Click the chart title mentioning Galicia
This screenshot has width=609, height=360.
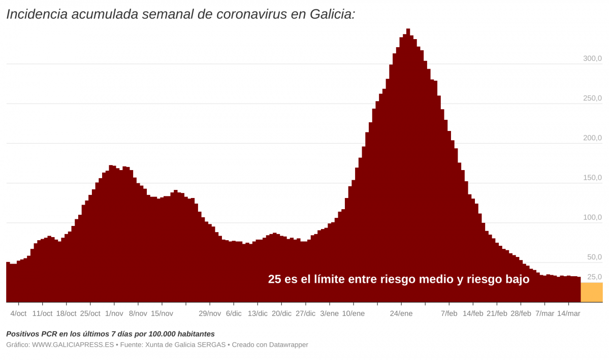[x=180, y=14]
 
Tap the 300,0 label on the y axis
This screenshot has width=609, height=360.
[x=592, y=59]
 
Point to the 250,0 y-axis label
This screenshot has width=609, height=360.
[x=592, y=99]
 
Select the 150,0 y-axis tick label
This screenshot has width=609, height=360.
[x=592, y=178]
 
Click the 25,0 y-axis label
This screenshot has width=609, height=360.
[x=594, y=277]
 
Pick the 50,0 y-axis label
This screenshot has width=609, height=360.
[x=594, y=257]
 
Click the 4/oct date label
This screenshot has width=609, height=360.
[x=18, y=314]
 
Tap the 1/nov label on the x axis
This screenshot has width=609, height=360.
[x=114, y=314]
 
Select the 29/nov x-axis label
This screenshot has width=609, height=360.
[x=210, y=314]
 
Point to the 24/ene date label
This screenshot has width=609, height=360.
[x=401, y=314]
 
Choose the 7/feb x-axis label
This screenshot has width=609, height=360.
[x=449, y=314]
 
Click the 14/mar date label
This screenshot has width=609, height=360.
[x=568, y=314]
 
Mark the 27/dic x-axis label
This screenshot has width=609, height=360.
[x=305, y=314]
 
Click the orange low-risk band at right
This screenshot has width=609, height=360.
[x=592, y=292]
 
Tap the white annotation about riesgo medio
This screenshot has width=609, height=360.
[x=399, y=279]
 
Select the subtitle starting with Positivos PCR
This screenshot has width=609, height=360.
[x=110, y=334]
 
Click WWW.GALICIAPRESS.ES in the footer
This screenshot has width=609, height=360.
[x=73, y=345]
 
